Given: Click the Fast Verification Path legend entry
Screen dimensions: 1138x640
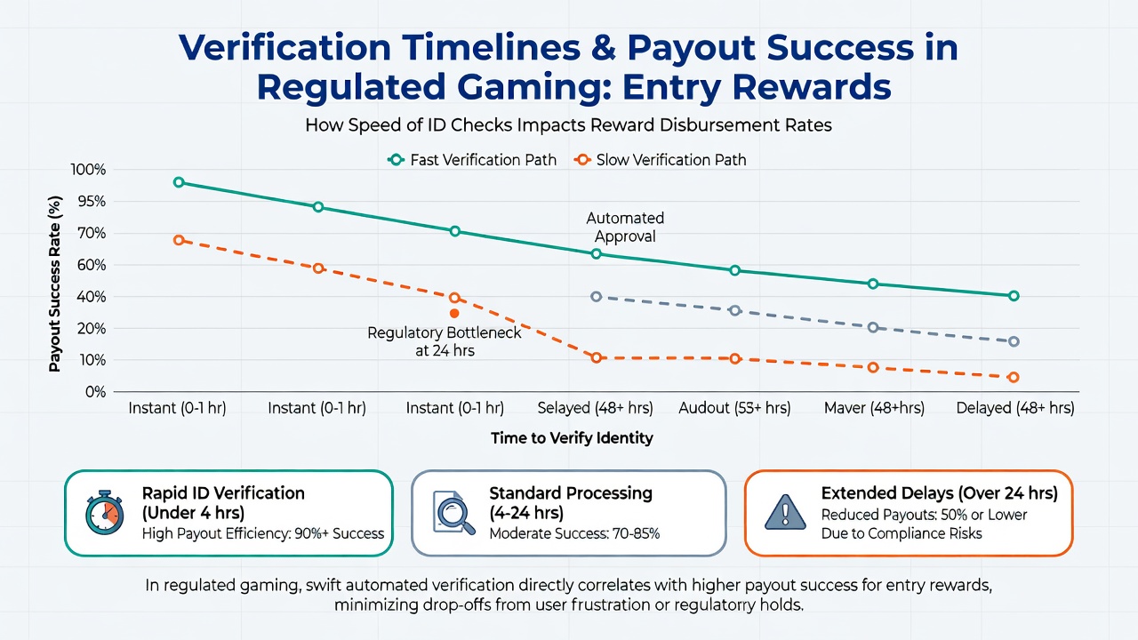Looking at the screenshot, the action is [472, 160].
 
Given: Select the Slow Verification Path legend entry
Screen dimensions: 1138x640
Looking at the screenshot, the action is [660, 160].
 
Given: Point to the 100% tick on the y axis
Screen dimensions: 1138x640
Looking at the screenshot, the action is [88, 170].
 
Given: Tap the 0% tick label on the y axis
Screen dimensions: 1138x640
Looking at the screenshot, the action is [95, 392].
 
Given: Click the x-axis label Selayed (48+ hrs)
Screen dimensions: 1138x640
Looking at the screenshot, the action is [596, 408].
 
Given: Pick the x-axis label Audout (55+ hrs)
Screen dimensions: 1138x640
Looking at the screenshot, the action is [734, 408].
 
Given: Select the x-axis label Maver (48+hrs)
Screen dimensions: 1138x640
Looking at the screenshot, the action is [874, 408].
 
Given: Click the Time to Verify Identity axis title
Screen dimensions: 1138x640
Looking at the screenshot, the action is [572, 438].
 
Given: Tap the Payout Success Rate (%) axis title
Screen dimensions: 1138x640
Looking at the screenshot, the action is [55, 284].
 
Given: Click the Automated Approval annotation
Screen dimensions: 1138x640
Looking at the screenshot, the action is [625, 227].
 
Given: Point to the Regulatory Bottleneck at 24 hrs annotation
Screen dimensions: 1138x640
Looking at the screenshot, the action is [445, 342].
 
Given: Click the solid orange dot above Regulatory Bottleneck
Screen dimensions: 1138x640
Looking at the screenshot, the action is [454, 314].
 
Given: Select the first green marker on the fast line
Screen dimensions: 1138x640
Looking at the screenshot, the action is [179, 182].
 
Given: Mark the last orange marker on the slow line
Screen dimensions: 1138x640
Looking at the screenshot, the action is [1014, 378].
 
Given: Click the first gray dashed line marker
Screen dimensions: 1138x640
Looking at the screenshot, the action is [597, 297].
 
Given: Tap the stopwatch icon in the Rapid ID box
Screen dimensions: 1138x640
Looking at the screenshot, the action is [105, 513].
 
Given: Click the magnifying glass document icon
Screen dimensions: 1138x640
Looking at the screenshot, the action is [453, 513].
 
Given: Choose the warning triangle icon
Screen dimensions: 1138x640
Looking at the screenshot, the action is [785, 512].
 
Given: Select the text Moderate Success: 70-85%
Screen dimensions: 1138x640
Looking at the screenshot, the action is [574, 534].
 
